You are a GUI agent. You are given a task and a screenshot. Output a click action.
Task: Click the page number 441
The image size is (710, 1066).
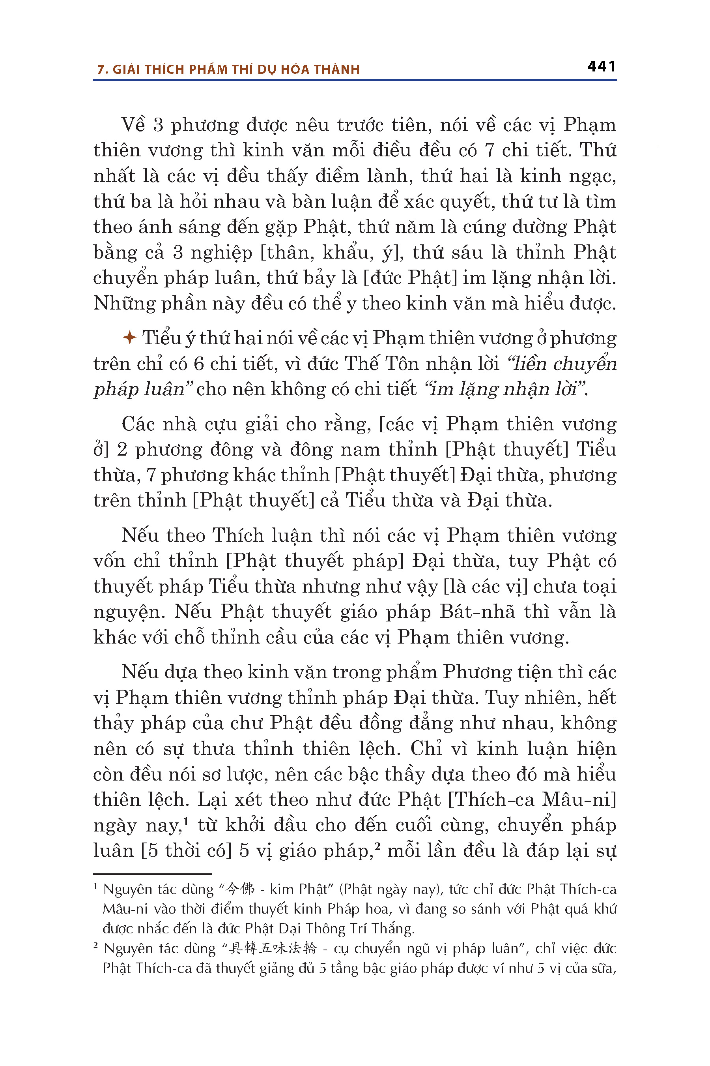coord(601,67)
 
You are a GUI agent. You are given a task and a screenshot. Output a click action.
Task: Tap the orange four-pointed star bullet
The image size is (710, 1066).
coord(129,338)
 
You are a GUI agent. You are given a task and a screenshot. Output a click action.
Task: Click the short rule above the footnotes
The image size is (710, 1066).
coord(152,874)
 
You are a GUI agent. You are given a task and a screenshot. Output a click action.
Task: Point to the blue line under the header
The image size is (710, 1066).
coord(355,80)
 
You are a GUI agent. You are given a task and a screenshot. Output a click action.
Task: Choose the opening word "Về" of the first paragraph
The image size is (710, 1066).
coord(133,125)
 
